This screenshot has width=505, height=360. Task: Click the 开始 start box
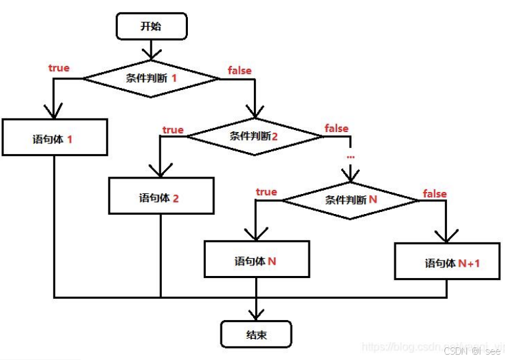pyautogui.click(x=151, y=26)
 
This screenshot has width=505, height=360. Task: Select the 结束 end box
pyautogui.click(x=256, y=334)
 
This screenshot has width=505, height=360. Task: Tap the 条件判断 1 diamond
pyautogui.click(x=151, y=78)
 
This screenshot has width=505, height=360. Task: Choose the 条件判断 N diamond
pyautogui.click(x=351, y=199)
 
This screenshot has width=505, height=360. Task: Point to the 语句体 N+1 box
pyautogui.click(x=447, y=261)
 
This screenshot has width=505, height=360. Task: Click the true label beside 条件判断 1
pyautogui.click(x=59, y=67)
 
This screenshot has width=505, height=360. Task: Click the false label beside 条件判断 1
pyautogui.click(x=239, y=69)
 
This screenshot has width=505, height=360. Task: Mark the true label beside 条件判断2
pyautogui.click(x=173, y=129)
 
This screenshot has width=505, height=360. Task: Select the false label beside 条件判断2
pyautogui.click(x=336, y=127)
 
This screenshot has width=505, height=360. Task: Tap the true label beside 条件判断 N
pyautogui.click(x=266, y=192)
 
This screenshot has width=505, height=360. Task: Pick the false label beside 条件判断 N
pyautogui.click(x=434, y=193)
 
